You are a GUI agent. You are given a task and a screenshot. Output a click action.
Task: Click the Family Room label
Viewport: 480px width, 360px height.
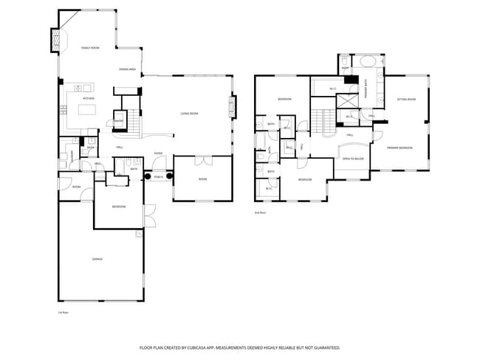(x=90, y=47)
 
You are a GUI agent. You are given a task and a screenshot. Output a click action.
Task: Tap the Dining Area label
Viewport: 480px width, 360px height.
(x=127, y=69)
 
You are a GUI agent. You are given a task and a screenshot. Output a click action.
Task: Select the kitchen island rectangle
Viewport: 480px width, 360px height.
(x=87, y=110)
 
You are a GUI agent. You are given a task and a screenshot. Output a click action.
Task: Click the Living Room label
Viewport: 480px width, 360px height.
(x=189, y=113)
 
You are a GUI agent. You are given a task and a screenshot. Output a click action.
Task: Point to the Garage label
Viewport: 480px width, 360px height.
(x=97, y=259)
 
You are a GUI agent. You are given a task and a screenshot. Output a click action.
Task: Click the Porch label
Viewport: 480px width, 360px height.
(x=158, y=177)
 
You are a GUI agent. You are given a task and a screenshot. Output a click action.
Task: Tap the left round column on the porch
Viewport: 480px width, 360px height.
(x=147, y=177)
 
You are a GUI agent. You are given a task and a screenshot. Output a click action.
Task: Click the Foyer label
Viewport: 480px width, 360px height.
(x=158, y=153)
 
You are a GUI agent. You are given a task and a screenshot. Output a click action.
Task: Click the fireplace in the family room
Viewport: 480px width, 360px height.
(x=56, y=40)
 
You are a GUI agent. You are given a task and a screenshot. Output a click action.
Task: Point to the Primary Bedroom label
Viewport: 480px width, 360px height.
(x=400, y=148)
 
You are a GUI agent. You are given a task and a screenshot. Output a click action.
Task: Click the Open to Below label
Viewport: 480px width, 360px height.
(x=353, y=159)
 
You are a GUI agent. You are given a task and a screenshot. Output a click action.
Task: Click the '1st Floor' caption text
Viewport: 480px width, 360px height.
(x=63, y=313)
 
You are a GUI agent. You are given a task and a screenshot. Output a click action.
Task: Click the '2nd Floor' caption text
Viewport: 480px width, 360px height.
(x=259, y=212)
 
